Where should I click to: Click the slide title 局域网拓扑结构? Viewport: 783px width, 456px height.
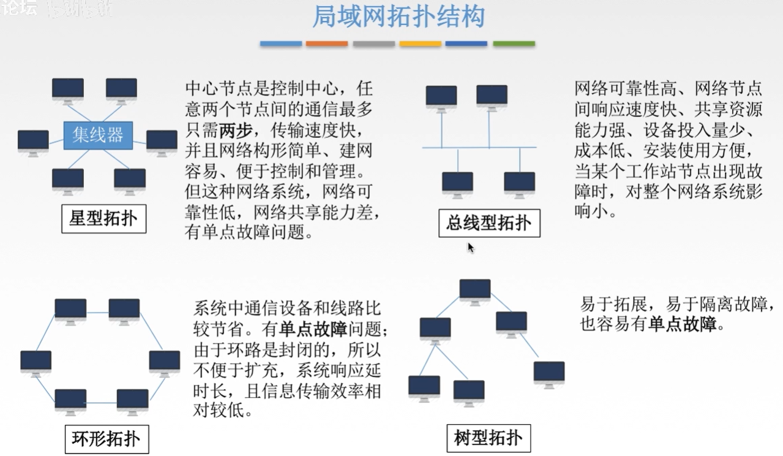398,17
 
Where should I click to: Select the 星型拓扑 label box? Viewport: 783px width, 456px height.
103,219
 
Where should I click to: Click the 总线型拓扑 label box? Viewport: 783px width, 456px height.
489,222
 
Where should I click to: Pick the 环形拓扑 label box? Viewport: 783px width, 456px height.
106,439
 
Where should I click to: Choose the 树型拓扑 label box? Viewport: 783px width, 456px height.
488,438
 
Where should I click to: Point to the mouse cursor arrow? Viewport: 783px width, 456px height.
471,247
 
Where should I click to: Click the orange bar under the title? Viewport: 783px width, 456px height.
327,44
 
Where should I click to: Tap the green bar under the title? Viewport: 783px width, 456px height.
514,44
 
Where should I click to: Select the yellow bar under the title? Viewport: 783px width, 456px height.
420,44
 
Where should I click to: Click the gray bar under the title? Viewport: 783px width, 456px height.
373,44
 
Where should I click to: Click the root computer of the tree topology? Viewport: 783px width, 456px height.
475,290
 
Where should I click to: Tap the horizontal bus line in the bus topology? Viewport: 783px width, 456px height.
479,148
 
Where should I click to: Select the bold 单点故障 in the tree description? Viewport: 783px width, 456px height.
683,324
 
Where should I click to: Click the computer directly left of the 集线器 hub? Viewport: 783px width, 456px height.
33,142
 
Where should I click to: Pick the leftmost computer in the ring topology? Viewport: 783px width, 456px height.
36,362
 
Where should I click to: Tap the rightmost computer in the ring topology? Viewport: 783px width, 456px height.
165,362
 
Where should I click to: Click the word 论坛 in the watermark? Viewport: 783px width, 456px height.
19,9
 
